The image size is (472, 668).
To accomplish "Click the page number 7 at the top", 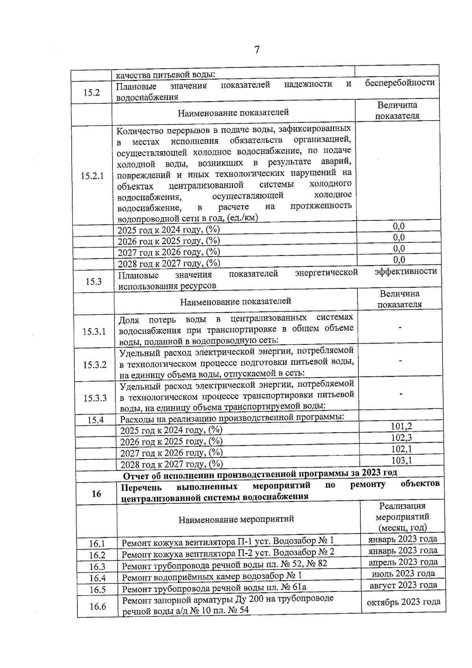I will point(257,50).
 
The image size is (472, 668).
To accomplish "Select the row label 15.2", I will point(91,93).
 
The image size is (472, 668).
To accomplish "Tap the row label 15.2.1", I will point(92,176).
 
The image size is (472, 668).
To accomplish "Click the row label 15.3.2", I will point(95,365).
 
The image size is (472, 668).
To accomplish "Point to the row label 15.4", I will point(96,420).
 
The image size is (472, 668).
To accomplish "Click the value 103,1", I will point(402,460).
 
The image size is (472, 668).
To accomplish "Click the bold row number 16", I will point(96,494).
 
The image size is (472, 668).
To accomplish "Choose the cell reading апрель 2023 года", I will point(403,562).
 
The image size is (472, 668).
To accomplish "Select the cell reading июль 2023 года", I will point(403,574).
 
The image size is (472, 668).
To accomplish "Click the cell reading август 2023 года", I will point(403,585).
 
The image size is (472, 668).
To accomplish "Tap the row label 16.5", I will point(98,590).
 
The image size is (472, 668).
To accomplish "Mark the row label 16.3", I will point(97,566).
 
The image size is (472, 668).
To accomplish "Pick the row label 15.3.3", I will point(95,398).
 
